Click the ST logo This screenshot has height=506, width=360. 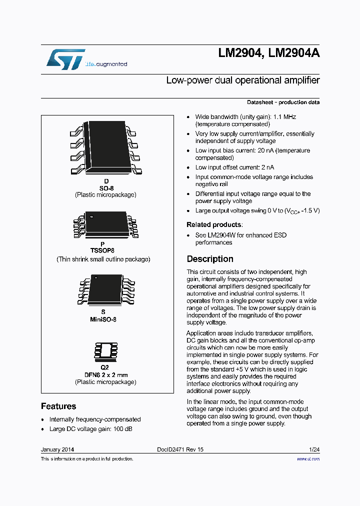pos(65,59)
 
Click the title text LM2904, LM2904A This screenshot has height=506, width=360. pos(268,54)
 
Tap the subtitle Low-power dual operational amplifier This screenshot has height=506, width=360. pos(242,80)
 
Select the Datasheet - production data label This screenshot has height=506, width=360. pos(283,102)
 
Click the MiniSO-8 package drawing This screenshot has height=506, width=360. pos(105,289)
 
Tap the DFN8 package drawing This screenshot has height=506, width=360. pos(105,352)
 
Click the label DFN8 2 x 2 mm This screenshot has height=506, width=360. pos(105,375)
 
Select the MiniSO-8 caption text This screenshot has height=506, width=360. pos(105,319)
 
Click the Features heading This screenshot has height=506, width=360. pos(58,406)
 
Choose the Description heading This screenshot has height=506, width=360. pos(210,259)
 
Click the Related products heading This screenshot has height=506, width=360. pos(214,224)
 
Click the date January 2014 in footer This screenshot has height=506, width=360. pos(57,449)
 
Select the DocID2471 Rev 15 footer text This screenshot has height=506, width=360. pos(180,449)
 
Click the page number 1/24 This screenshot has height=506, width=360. pos(314,449)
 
